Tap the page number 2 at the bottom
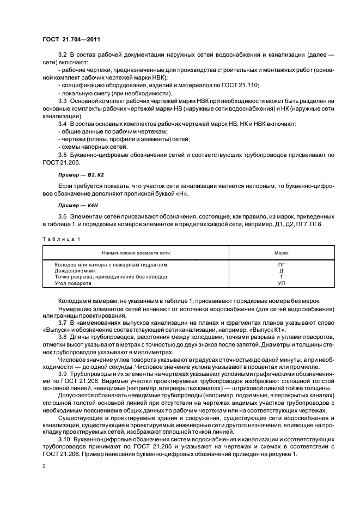tap(44, 466)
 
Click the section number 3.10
tap(64, 438)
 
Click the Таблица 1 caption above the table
tap(60, 239)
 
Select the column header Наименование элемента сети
tap(136, 253)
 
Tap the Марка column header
tap(281, 253)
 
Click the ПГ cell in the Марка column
tap(281, 264)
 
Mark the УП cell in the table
tap(281, 283)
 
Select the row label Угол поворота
tap(74, 283)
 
